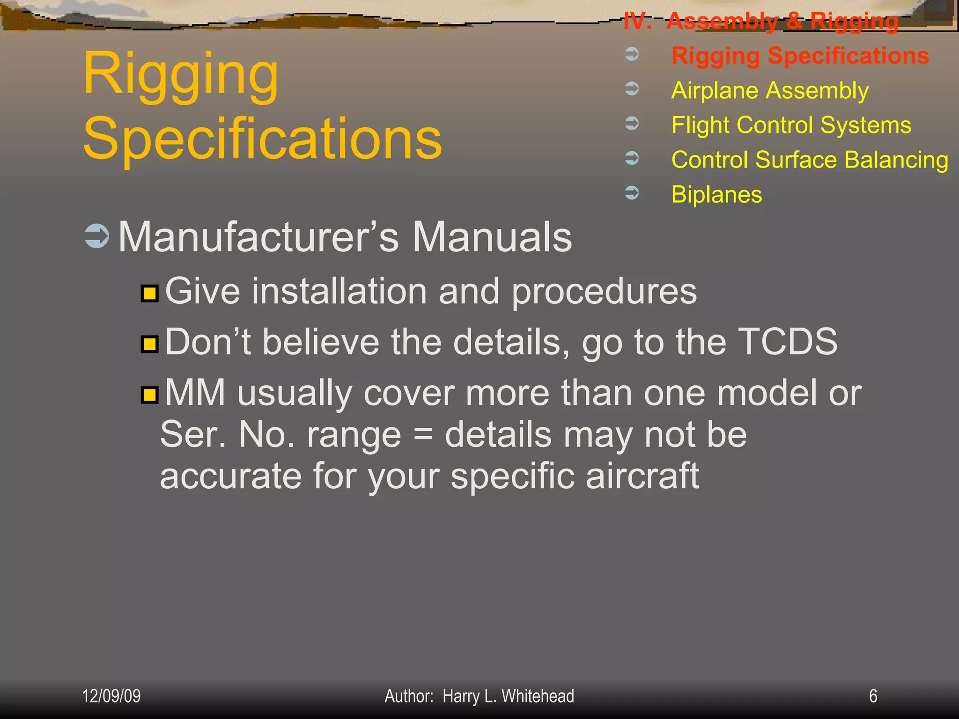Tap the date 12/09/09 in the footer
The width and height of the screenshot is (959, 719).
pyautogui.click(x=111, y=696)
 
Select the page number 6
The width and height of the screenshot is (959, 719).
pyautogui.click(x=873, y=696)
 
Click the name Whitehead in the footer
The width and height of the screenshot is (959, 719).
pyautogui.click(x=538, y=696)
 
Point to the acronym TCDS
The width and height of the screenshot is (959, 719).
pyautogui.click(x=788, y=342)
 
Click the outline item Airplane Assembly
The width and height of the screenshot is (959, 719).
pyautogui.click(x=770, y=90)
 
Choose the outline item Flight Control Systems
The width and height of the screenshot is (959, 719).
pyautogui.click(x=791, y=125)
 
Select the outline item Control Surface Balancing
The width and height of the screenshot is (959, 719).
pyautogui.click(x=810, y=160)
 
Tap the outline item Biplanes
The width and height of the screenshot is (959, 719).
pyautogui.click(x=716, y=194)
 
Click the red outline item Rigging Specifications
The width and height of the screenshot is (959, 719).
pyautogui.click(x=800, y=56)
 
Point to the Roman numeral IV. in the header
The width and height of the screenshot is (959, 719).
pyautogui.click(x=637, y=22)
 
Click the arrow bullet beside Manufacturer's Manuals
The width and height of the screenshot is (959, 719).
pyautogui.click(x=97, y=236)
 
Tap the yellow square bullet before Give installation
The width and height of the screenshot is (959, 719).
pyautogui.click(x=149, y=293)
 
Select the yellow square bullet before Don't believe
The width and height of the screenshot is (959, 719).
pyautogui.click(x=149, y=344)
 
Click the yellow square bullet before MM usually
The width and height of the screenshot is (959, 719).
pyautogui.click(x=149, y=395)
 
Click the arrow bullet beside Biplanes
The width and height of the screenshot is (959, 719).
pyautogui.click(x=632, y=192)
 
